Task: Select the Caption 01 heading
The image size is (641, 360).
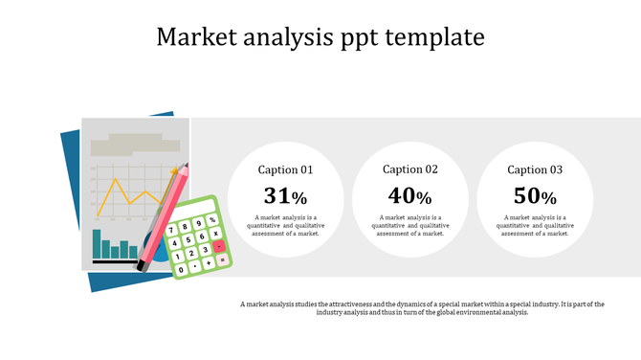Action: [x=286, y=170]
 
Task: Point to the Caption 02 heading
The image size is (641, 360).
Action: [x=410, y=169]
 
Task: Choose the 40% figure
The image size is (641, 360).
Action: [x=410, y=196]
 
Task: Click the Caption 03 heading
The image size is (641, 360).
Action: [x=535, y=169]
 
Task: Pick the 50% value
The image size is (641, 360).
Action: [x=535, y=196]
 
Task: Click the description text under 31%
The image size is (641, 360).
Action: [x=286, y=225]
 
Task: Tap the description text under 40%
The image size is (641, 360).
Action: [x=410, y=225]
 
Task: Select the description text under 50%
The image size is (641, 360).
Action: [x=535, y=225]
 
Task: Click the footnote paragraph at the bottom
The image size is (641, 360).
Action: [x=422, y=307]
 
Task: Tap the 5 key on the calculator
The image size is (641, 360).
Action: [x=188, y=239]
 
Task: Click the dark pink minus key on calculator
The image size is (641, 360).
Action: [x=219, y=246]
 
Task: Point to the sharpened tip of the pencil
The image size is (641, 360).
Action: [x=186, y=166]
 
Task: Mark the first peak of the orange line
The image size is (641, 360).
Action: [x=115, y=178]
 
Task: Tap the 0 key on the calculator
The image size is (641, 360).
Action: [x=181, y=270]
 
